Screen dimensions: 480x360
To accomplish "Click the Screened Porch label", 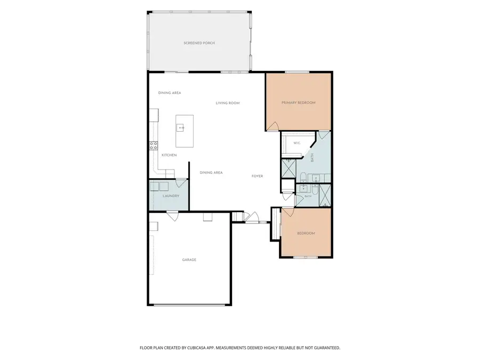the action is click(199, 43).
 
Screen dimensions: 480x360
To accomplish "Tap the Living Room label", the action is click(228, 103).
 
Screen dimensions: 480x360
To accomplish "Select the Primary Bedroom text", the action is click(299, 103).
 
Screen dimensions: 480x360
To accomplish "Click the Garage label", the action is click(189, 260).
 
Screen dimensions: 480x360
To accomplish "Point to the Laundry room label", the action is click(171, 196).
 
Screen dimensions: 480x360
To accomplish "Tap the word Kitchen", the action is click(169, 155).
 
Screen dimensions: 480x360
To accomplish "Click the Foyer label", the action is click(258, 177).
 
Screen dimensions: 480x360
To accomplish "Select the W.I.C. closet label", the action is click(297, 143).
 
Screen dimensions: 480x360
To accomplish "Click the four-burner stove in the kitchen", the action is click(154, 146).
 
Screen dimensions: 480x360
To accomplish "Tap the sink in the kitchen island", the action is click(181, 127).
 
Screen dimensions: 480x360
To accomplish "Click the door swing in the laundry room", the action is click(181, 183).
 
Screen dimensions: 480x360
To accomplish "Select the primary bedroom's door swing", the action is click(273, 126).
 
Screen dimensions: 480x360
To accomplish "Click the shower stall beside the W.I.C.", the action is click(289, 168).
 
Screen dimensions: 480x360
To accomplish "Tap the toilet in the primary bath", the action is click(303, 178).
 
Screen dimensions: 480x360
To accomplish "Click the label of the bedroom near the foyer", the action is click(306, 234).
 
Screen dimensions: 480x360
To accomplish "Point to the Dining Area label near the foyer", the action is click(211, 173).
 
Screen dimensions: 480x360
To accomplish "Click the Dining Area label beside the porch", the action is click(170, 93).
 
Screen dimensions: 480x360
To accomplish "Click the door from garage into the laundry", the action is click(172, 215).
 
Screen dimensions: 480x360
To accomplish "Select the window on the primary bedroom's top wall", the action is click(297, 72).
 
